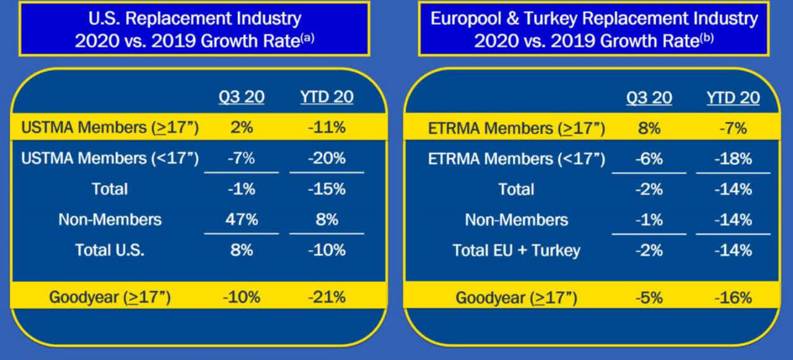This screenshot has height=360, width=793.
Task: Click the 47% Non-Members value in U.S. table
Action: (240, 219)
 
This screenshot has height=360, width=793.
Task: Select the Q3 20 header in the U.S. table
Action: (240, 98)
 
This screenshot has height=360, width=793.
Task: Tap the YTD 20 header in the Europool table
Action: (733, 98)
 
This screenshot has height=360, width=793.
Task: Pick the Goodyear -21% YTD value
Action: (326, 297)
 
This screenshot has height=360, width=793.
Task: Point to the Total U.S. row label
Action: (110, 250)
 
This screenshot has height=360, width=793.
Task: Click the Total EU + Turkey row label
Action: (516, 250)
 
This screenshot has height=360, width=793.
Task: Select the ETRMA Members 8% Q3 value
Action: (648, 128)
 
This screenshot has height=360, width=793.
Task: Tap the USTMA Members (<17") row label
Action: (110, 159)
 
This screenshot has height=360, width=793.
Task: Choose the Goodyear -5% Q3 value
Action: (648, 297)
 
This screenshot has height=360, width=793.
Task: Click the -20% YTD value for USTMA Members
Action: (326, 159)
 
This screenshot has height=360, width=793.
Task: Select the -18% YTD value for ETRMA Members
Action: (733, 159)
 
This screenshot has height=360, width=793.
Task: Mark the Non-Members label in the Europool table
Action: (516, 219)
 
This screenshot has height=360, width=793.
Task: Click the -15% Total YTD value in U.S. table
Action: (326, 189)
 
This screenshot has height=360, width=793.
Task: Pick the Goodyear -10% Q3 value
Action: (240, 297)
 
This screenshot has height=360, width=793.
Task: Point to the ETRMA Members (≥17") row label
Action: (516, 128)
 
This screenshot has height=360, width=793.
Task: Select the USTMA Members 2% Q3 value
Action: (240, 128)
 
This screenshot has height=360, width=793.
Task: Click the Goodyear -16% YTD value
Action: (733, 297)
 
